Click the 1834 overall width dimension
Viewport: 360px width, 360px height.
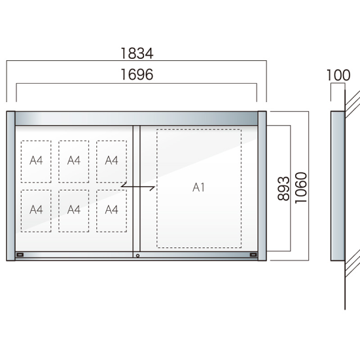(x=137, y=53)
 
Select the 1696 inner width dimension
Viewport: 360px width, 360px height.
(x=137, y=75)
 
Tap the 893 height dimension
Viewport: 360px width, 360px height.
(x=283, y=189)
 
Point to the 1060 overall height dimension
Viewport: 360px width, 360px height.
(x=301, y=188)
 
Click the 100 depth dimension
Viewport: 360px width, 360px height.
(x=338, y=75)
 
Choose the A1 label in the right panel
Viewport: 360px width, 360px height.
(x=198, y=187)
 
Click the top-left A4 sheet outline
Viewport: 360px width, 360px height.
(x=36, y=162)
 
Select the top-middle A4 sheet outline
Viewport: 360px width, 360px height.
(x=74, y=162)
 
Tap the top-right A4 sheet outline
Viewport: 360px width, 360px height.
(x=111, y=162)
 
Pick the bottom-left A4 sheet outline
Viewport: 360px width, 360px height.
(x=36, y=211)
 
